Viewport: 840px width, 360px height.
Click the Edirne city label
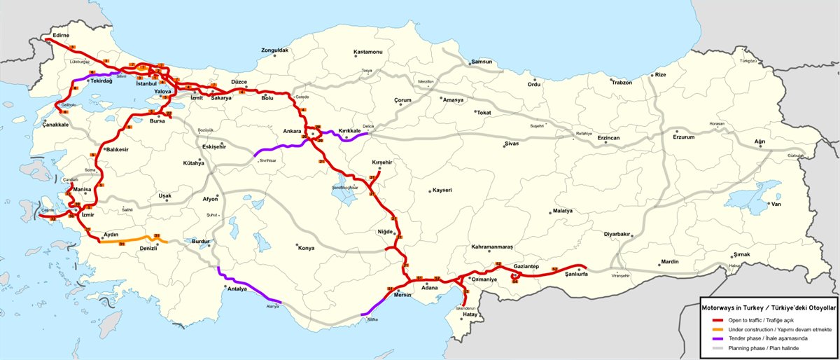point(60,35)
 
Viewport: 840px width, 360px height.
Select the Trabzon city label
point(622,83)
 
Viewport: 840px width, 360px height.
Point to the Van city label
point(776,205)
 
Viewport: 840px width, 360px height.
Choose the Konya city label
point(306,248)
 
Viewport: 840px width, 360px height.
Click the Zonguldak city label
point(274,50)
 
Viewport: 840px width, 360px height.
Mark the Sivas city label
point(514,144)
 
